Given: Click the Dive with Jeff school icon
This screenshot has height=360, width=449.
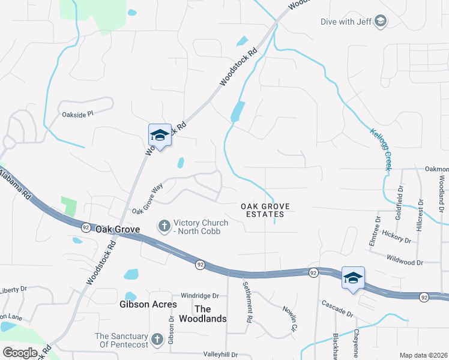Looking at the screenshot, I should coord(380,22).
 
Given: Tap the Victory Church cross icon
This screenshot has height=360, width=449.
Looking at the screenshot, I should coord(163,226).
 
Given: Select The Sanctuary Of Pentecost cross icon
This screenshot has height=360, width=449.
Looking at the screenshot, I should coord(157,340).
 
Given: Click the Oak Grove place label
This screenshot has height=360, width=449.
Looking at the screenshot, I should coord(117,229).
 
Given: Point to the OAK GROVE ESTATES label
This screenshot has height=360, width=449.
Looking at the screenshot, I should coord(265,210).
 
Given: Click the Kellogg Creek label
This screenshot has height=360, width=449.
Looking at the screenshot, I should coord(381,149).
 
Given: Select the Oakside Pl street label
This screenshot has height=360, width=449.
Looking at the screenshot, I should coord(78,113).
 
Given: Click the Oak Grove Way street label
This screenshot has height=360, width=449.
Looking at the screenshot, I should coord(148,199).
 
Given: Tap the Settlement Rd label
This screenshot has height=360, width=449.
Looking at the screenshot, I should coord(247,302).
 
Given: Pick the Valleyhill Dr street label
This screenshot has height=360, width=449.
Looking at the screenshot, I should coord(220,355).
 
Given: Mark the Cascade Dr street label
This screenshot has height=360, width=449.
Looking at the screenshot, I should coord(337,309).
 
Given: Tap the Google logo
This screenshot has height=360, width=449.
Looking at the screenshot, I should coord(20,353).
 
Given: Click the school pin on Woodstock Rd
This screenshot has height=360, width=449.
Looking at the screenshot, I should coord(160,135).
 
